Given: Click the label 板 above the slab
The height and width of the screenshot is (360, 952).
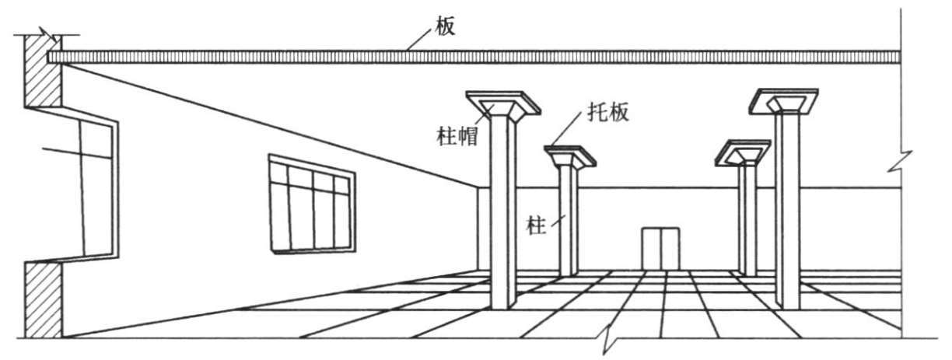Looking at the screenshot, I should tap(446, 26).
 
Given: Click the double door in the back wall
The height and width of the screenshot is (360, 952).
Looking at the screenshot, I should tap(660, 248).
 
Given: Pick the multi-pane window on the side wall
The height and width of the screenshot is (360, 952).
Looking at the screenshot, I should tap(310, 205).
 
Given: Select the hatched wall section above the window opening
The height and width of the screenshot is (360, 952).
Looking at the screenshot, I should tap(43, 74).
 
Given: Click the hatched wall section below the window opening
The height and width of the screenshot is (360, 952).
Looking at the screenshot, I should tap(43, 299).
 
